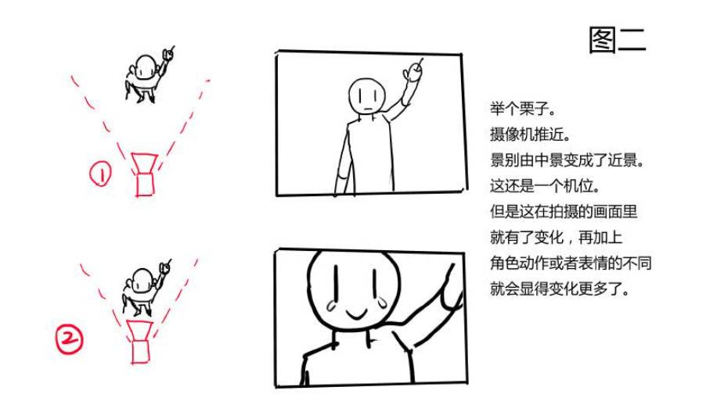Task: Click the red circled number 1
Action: coord(100,174)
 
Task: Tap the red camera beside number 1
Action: coord(144,175)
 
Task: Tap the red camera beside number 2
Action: coord(139,342)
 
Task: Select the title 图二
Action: coord(618,40)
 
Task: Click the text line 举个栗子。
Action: coord(523,109)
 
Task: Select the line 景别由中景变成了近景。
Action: coord(567,159)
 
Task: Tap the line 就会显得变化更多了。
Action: coord(560,288)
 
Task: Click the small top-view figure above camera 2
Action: coord(146,288)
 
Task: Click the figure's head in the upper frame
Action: coord(367,96)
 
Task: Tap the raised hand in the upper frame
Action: coord(414,70)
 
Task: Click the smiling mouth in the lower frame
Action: coord(357,313)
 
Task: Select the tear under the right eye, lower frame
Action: coord(384,302)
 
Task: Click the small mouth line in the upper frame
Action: coord(368,108)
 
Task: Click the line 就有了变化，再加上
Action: coord(556,237)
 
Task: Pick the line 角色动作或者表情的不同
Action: coord(571,263)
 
